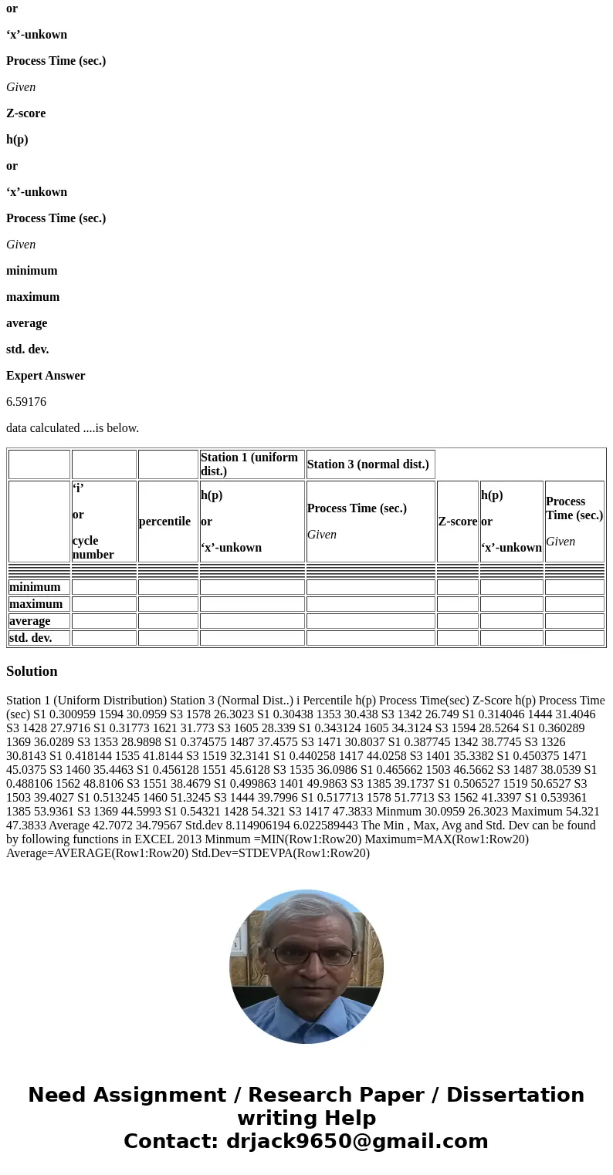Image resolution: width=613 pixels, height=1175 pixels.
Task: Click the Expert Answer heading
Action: click(x=46, y=376)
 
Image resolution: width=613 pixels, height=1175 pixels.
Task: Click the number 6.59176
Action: click(x=26, y=402)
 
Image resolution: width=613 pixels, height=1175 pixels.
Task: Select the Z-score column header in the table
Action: click(x=457, y=522)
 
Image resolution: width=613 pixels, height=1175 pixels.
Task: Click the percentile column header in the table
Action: click(x=164, y=522)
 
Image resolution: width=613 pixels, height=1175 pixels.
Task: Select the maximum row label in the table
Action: click(x=36, y=604)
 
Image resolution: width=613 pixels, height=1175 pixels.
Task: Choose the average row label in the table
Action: click(x=30, y=621)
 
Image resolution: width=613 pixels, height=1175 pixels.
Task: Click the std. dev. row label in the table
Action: click(x=31, y=638)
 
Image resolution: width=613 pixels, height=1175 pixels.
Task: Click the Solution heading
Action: click(x=32, y=671)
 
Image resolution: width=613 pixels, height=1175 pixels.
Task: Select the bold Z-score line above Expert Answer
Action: click(x=26, y=113)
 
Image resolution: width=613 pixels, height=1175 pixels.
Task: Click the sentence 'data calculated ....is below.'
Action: click(x=73, y=428)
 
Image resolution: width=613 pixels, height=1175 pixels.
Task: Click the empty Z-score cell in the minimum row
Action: click(x=457, y=587)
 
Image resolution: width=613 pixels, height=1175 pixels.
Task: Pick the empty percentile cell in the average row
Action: click(x=168, y=621)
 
